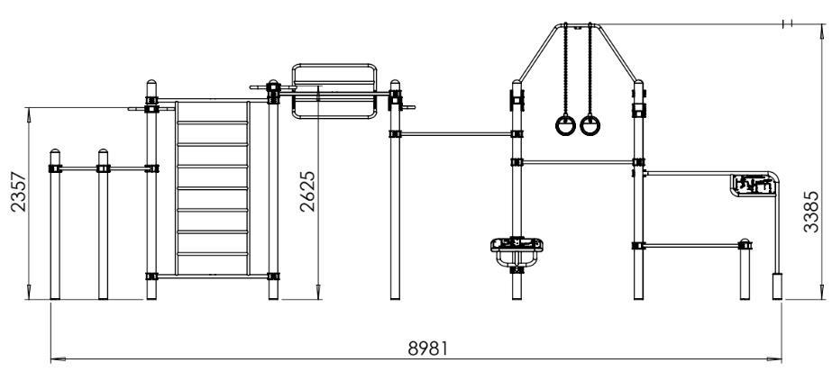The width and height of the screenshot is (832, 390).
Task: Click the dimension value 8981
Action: pyautogui.click(x=427, y=349)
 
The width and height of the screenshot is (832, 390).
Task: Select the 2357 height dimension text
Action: pyautogui.click(x=19, y=191)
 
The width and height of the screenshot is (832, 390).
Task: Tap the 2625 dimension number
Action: pyautogui.click(x=307, y=191)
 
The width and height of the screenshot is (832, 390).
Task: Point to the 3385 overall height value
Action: pyautogui.click(x=810, y=212)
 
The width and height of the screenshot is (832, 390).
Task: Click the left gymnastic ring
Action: pyautogui.click(x=565, y=125)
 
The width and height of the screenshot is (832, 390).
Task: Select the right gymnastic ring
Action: pyautogui.click(x=590, y=125)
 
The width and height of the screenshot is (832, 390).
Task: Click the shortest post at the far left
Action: pyautogui.click(x=55, y=224)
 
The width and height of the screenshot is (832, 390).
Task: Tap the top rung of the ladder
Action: pyautogui.click(x=212, y=122)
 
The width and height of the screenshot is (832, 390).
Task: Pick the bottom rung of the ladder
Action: pyautogui.click(x=212, y=254)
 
